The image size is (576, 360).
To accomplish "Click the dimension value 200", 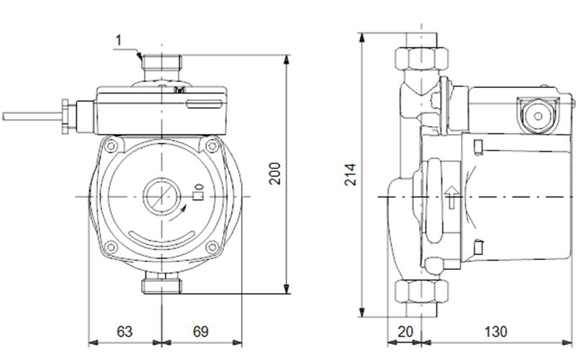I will [x=275, y=174].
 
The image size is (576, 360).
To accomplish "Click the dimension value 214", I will [x=351, y=173].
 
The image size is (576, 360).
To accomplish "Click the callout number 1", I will [x=119, y=40].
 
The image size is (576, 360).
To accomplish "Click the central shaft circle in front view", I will [x=161, y=195].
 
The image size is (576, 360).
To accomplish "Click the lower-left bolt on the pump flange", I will [x=110, y=248].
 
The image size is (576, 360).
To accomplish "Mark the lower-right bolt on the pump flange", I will [x=212, y=248].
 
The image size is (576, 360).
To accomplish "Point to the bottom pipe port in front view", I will [x=161, y=286].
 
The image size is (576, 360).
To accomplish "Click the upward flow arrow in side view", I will [x=451, y=197].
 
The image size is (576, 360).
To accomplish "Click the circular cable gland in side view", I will [x=534, y=114].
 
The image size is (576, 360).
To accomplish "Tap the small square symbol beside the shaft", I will [x=199, y=192].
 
